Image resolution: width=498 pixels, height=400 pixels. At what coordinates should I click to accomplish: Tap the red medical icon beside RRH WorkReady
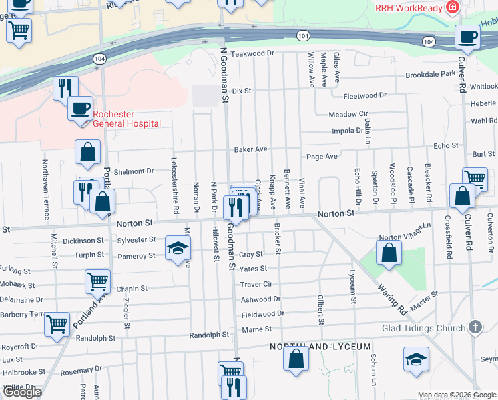(x=453, y=7)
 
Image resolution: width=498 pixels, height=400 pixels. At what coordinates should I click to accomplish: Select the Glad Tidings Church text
(x=423, y=328)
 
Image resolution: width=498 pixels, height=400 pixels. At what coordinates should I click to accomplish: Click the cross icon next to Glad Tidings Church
(x=474, y=327)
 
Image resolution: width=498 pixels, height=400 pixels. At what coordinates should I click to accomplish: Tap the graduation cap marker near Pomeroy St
(x=177, y=248)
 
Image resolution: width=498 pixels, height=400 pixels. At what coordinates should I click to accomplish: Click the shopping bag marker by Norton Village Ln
(x=389, y=253)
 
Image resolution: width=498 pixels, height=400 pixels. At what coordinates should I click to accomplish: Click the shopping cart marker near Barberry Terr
(x=57, y=324)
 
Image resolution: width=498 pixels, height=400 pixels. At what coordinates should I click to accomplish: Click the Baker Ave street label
(x=250, y=149)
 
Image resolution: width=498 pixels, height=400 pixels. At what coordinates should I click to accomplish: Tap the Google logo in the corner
(x=22, y=393)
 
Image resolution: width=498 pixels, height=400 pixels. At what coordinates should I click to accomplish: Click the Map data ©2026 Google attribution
(x=456, y=395)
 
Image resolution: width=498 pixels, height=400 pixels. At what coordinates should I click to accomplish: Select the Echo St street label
(x=446, y=145)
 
